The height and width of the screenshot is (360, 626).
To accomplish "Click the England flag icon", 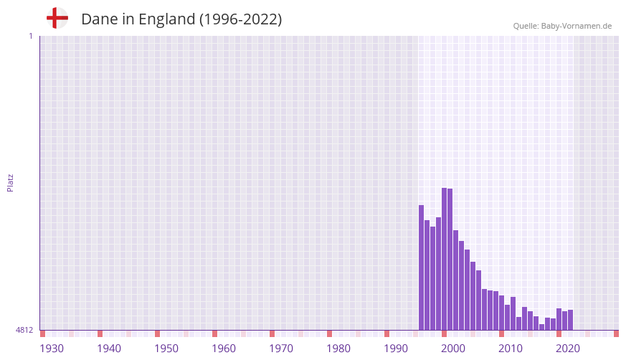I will tap(57, 19).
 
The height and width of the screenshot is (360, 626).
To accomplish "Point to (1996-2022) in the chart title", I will tap(240, 19).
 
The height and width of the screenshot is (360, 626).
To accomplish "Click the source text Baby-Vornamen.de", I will tap(576, 26).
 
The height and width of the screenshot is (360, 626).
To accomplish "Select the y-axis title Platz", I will tap(10, 182).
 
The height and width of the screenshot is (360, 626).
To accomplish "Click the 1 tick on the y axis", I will tap(30, 36).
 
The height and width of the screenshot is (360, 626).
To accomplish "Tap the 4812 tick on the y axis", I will tap(24, 330).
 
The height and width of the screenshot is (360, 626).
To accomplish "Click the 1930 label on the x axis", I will tap(52, 349).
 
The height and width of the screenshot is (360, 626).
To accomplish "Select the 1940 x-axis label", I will tap(109, 349).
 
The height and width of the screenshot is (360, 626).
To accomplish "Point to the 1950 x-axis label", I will tap(166, 349).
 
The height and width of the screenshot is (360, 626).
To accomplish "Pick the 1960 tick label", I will tap(224, 349).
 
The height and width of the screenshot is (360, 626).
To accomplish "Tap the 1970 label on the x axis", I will tap(281, 349).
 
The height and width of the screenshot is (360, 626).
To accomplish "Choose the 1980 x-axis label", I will tap(338, 349).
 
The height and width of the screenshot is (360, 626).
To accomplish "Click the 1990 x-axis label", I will tap(396, 349).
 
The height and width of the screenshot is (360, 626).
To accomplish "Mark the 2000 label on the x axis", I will tap(453, 349).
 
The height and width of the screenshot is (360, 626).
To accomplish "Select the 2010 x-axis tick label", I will tap(511, 349).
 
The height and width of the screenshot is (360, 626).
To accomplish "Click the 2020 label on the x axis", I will tap(568, 349).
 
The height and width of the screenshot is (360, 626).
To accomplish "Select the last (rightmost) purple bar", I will tap(570, 320).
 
